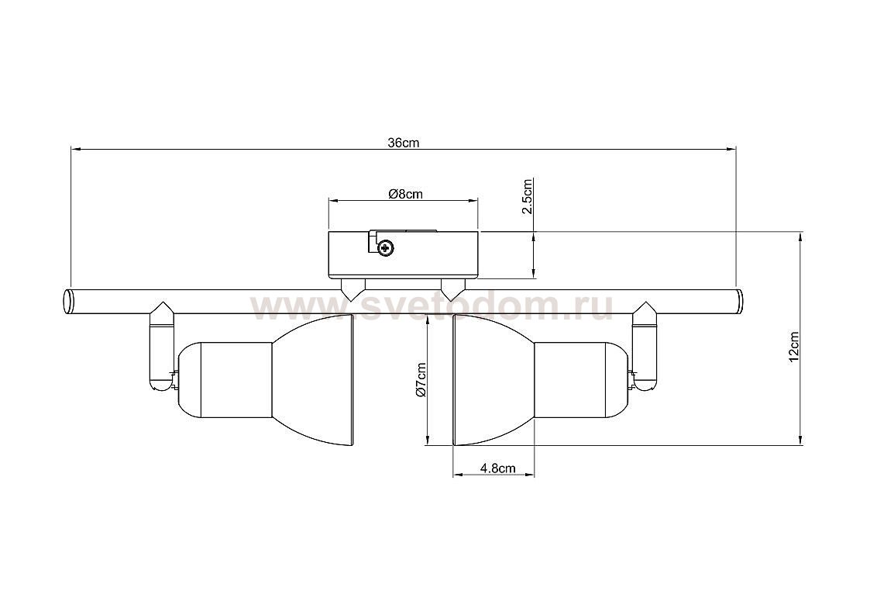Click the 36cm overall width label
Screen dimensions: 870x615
[404, 143]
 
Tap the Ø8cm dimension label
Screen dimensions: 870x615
[406, 194]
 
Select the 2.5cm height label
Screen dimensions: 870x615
[528, 196]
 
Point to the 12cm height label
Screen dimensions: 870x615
[794, 347]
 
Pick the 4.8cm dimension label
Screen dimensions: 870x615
[497, 468]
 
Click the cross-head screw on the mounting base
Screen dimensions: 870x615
[385, 248]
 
